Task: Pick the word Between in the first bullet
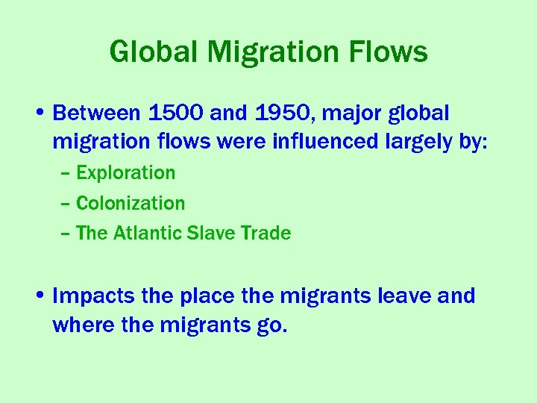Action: [97, 113]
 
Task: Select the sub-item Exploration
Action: [126, 173]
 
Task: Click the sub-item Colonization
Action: [131, 203]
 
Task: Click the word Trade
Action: [266, 234]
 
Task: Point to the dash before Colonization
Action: [66, 204]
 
